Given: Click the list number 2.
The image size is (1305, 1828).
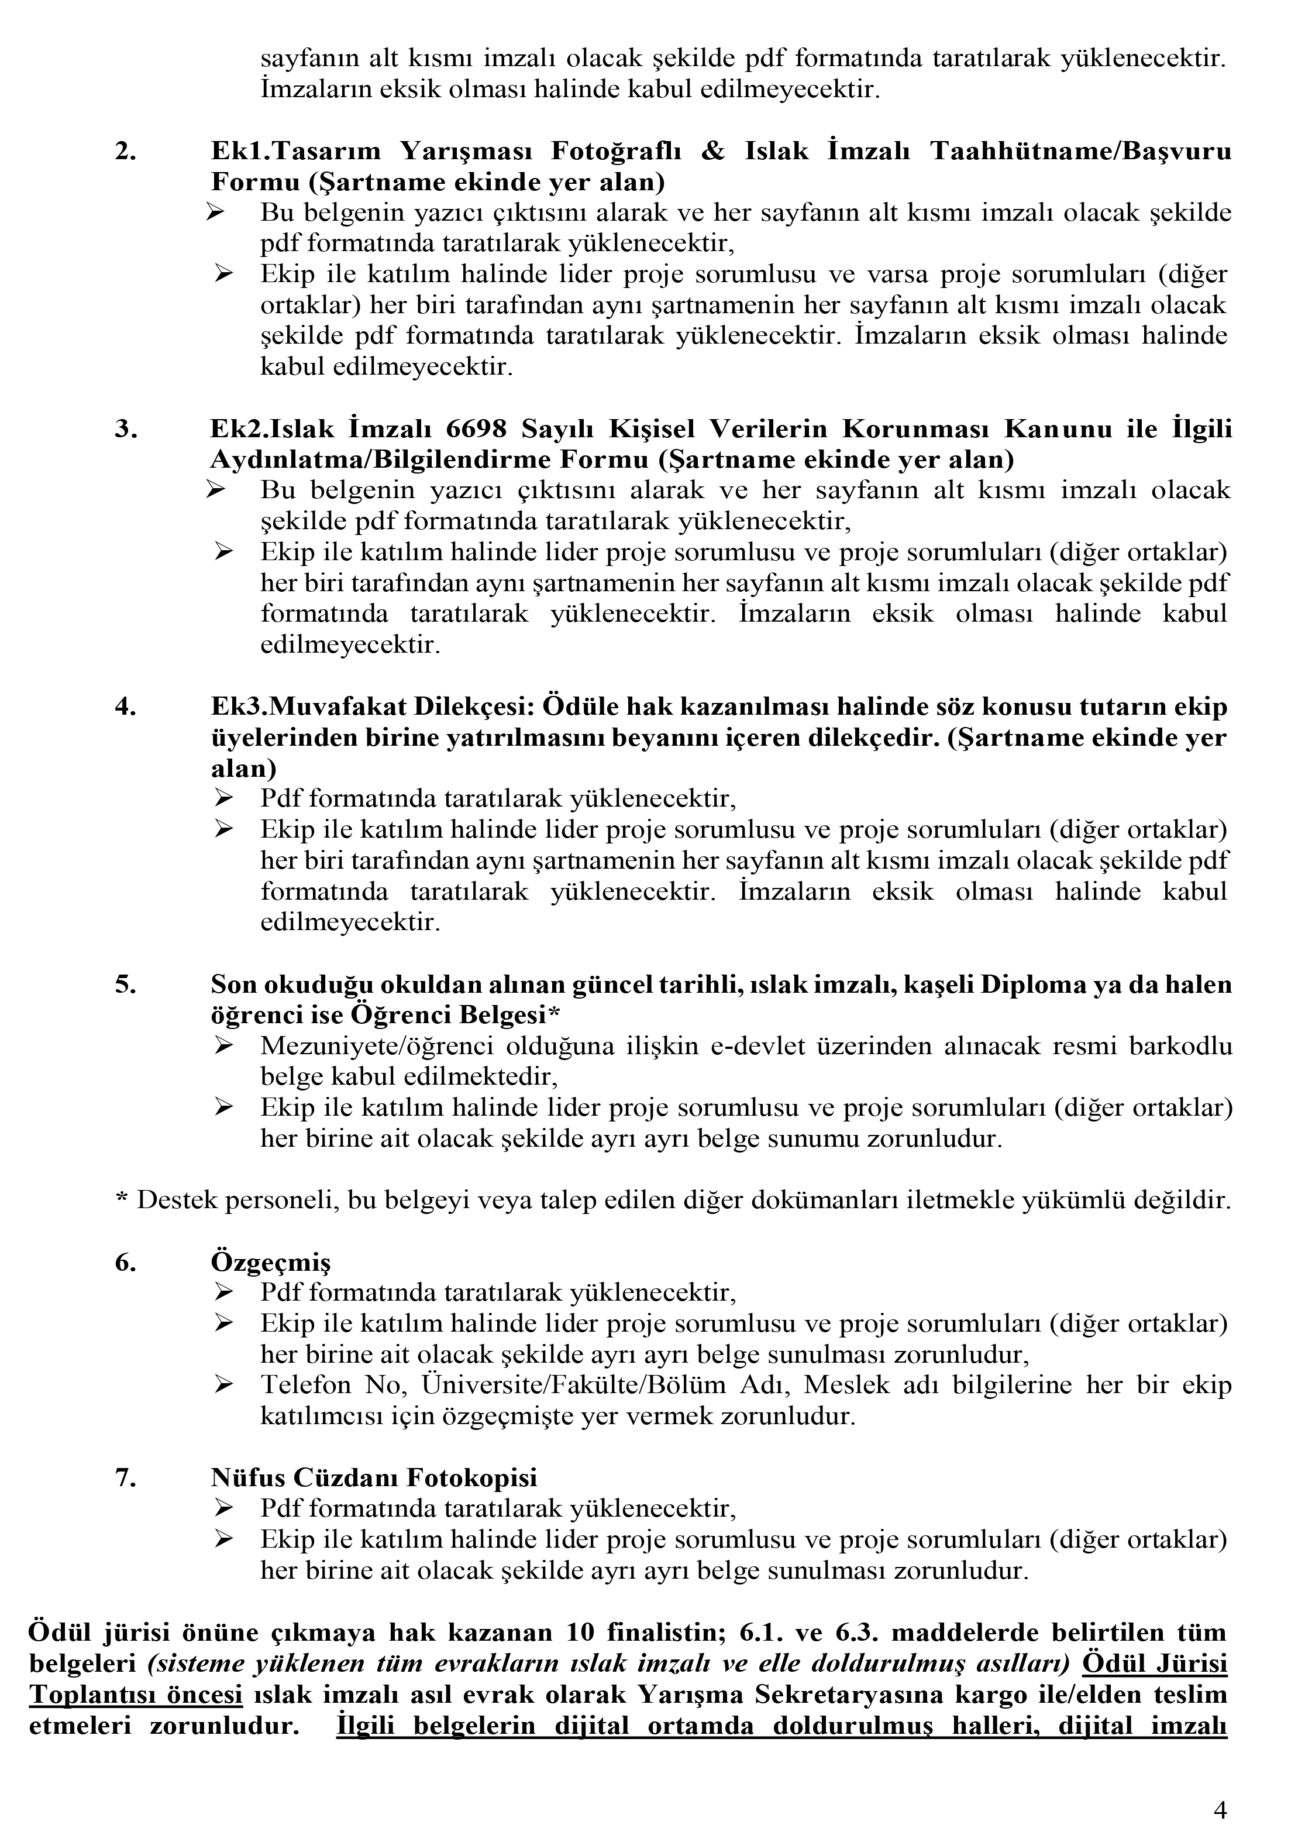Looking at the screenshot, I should pyautogui.click(x=125, y=151).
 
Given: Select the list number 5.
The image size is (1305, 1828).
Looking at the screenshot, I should pyautogui.click(x=125, y=985).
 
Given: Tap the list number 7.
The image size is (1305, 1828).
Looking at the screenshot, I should pyautogui.click(x=125, y=1477).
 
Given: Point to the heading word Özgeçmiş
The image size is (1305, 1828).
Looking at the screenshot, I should pyautogui.click(x=271, y=1262).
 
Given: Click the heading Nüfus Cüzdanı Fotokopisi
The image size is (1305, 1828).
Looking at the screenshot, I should pyautogui.click(x=374, y=1477).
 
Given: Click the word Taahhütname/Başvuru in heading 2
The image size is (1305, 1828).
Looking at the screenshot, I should pyautogui.click(x=1080, y=151).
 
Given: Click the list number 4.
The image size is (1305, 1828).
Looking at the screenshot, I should pyautogui.click(x=125, y=708).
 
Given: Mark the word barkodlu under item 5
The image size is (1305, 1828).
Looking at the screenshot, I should pyautogui.click(x=1180, y=1047).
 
